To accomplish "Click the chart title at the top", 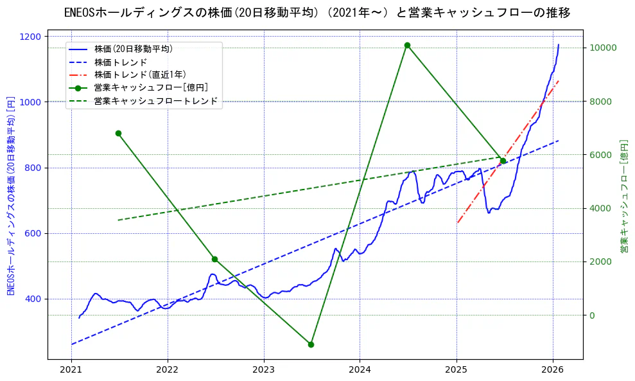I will click(x=317, y=13).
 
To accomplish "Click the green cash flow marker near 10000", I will click(x=407, y=45).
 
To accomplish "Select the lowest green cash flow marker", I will click(x=311, y=344).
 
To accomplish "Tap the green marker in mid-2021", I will click(x=118, y=133).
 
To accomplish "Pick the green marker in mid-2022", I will click(x=214, y=259).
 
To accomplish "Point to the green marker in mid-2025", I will click(x=503, y=161).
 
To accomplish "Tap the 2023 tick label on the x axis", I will click(x=264, y=370).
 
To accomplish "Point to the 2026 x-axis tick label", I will click(x=553, y=370).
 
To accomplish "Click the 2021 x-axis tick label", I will click(x=71, y=370).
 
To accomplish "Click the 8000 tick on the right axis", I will click(x=604, y=102).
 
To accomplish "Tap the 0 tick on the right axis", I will click(x=593, y=315).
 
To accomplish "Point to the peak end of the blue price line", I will click(x=559, y=44).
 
